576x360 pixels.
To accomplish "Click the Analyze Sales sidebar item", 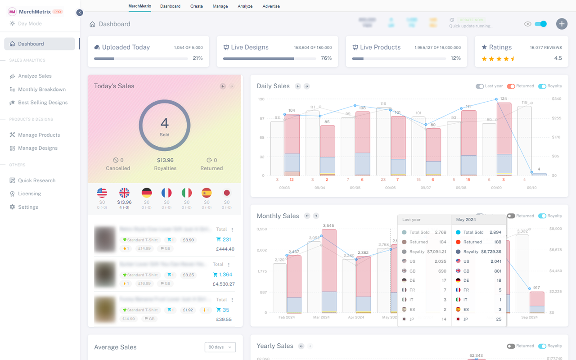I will [35, 76].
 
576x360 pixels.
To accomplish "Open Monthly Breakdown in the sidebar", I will [41, 90].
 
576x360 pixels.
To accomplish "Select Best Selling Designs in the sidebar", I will [42, 103].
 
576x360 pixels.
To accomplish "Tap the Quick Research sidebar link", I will [36, 180].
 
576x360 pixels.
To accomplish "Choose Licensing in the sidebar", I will [29, 193].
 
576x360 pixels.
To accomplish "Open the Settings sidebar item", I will [28, 207].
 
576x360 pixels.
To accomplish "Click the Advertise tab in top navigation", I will [271, 6].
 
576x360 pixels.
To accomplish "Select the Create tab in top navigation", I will [196, 6].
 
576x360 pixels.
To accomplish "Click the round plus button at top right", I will [562, 24].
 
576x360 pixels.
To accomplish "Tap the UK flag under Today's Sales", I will [124, 193].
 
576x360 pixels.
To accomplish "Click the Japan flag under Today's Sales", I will [227, 193].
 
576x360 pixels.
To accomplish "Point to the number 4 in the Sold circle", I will [164, 123].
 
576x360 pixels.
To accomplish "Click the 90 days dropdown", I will [220, 347].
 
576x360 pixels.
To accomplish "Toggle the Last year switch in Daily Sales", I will [480, 86].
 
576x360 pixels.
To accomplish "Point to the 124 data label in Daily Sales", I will [503, 99].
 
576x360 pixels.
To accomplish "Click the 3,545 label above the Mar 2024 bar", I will [328, 225].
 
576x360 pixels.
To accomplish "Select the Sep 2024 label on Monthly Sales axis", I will [529, 317].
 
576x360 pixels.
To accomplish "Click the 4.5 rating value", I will [558, 58].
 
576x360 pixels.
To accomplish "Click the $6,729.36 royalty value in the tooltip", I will [491, 252].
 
